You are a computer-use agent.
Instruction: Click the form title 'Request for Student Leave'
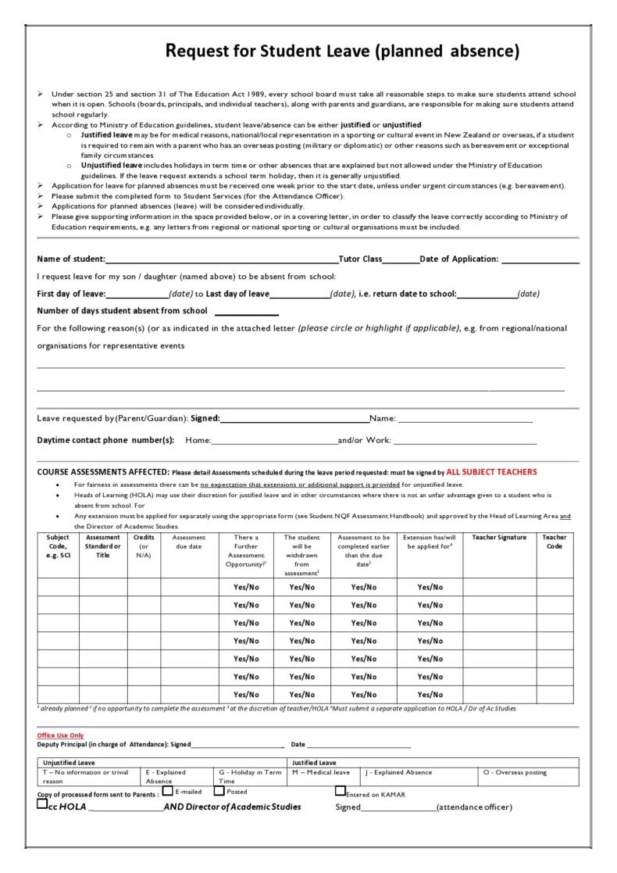coord(343,52)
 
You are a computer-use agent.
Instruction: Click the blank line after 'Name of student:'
coord(222,260)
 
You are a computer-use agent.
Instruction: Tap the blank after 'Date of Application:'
coord(540,260)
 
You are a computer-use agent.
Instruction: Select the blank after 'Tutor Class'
coord(401,260)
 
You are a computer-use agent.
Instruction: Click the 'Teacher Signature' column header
coord(499,538)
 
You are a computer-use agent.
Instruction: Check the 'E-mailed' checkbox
coord(167,790)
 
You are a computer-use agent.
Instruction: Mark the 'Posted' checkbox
coord(219,790)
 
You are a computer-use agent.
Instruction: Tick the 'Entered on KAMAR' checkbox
coord(340,790)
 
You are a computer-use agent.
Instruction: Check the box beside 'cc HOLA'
coord(42,805)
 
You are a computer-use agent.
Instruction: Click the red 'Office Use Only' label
coord(60,735)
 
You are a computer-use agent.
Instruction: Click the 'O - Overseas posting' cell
coord(515,772)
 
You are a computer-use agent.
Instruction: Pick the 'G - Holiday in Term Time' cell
coord(251,776)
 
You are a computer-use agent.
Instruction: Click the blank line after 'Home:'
coord(274,441)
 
